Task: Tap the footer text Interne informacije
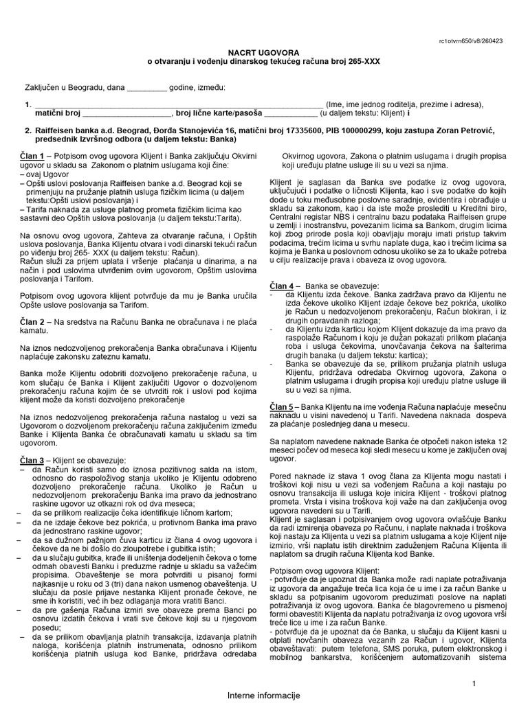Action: coord(265,696)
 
